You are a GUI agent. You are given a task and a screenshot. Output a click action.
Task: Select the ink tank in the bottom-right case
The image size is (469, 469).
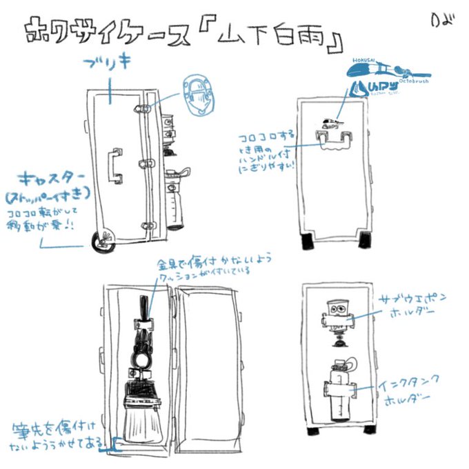[x=340, y=390]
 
